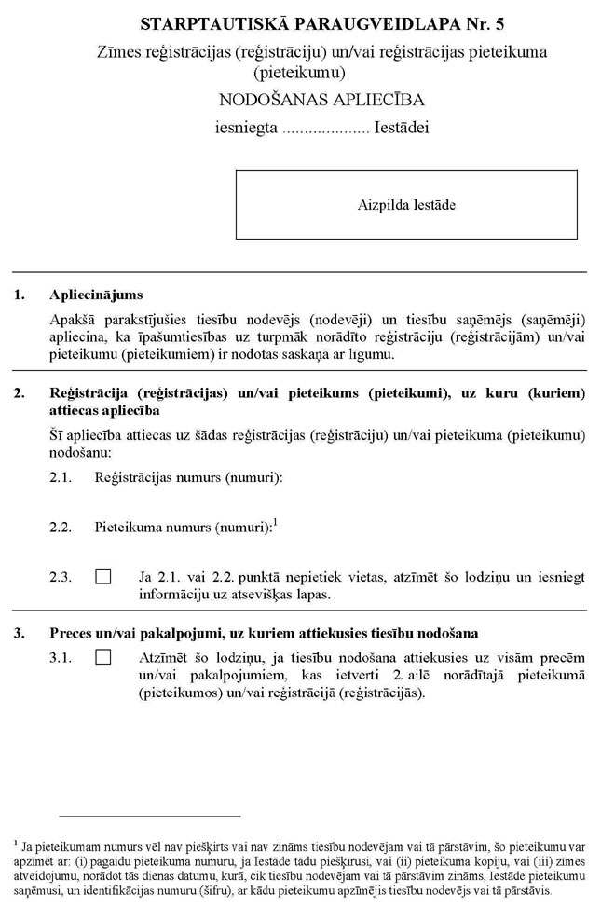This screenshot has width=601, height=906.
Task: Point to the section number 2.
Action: (20, 393)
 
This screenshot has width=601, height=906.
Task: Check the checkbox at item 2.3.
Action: (103, 577)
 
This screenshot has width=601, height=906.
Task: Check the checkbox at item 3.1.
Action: (103, 659)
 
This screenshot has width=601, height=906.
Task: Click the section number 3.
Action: (20, 634)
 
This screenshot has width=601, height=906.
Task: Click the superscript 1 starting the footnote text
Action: (17, 841)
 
